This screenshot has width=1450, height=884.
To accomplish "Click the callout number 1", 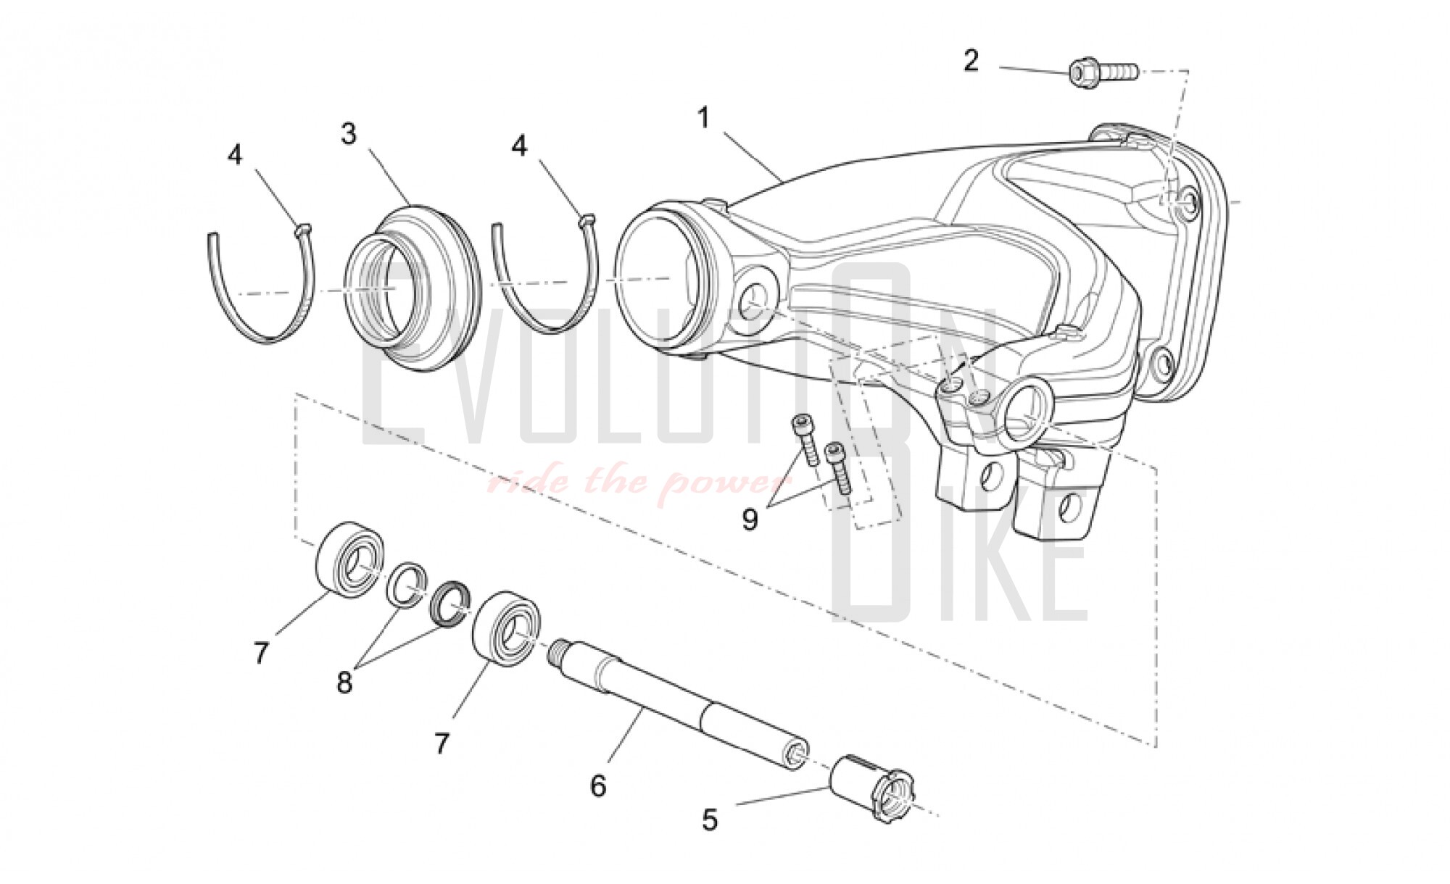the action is pos(703,118).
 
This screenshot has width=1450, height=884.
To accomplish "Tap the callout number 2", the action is pos(971,60).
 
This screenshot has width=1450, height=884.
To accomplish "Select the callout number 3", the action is pos(349,134).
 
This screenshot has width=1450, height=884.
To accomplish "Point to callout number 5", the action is pos(710,820).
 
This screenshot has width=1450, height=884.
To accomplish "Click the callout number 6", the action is pos(598,785).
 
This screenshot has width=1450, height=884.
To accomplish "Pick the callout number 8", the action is pos(344,681).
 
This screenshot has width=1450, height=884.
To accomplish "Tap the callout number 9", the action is pos(750,519).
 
